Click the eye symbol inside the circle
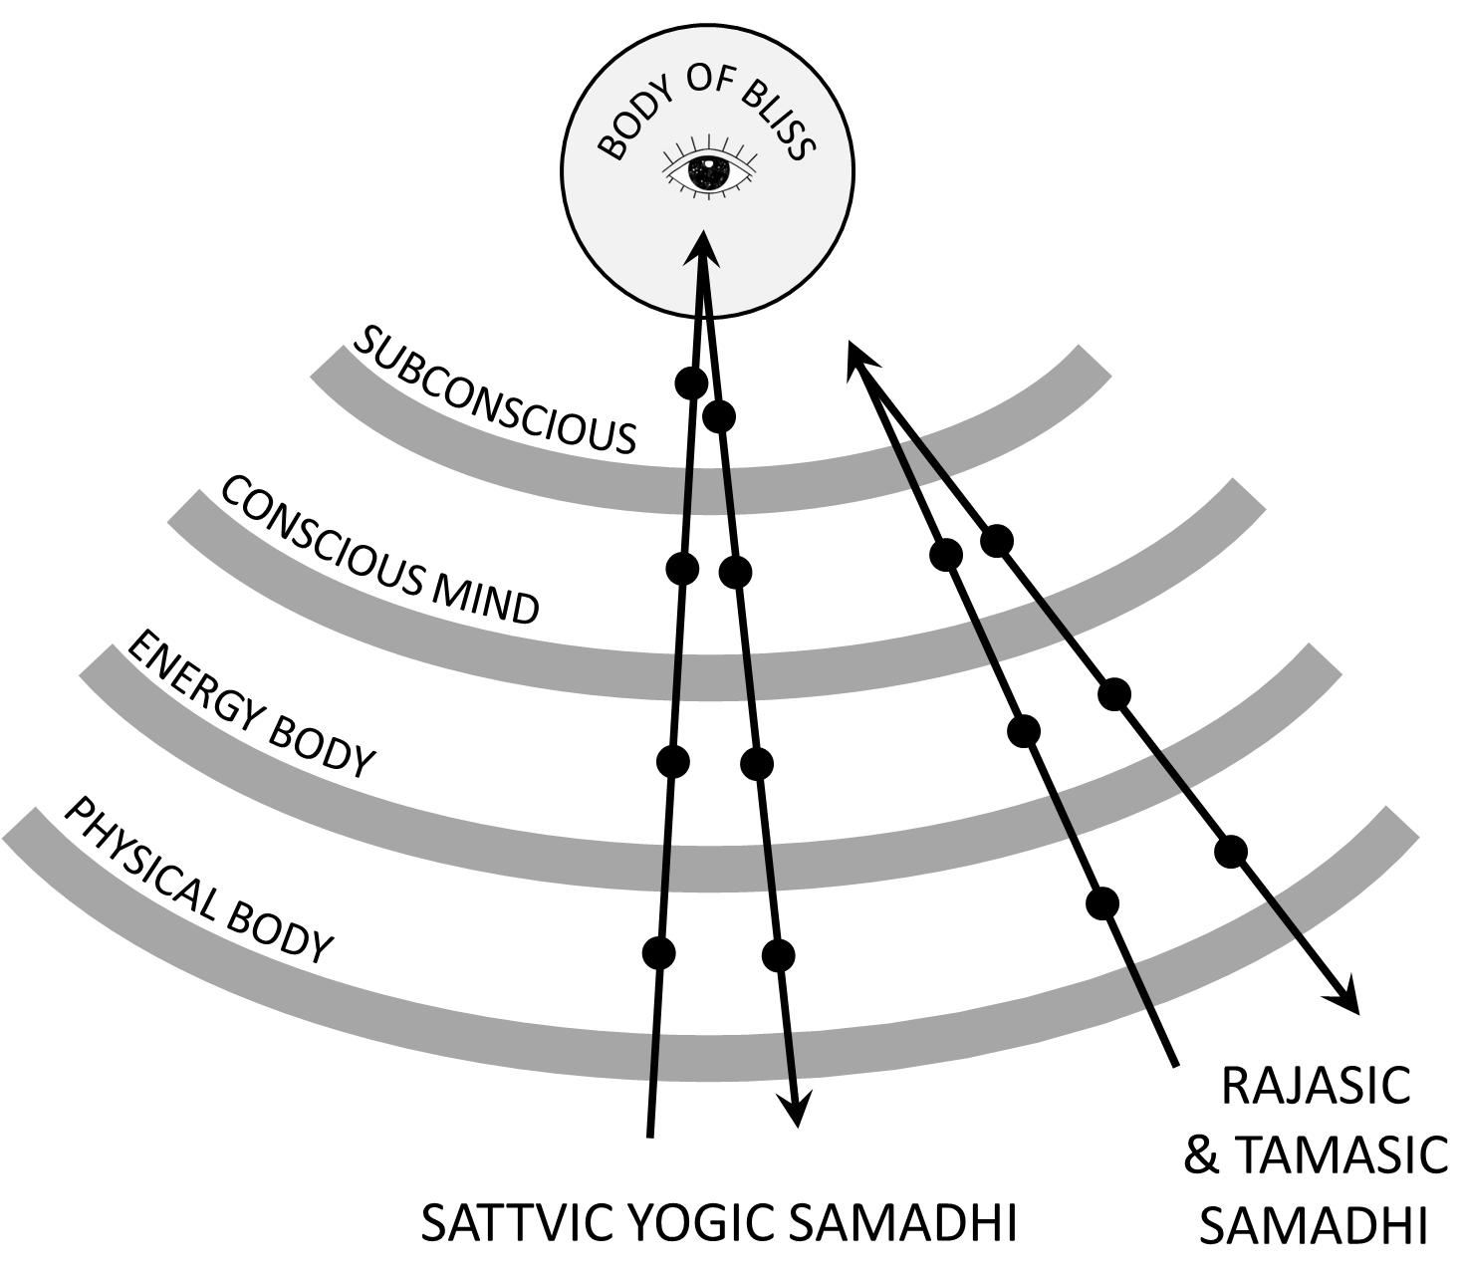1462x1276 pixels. point(708,171)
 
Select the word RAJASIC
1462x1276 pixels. point(1316,1086)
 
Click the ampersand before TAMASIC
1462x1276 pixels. point(1202,1156)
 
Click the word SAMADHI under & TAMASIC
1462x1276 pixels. point(1313,1226)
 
